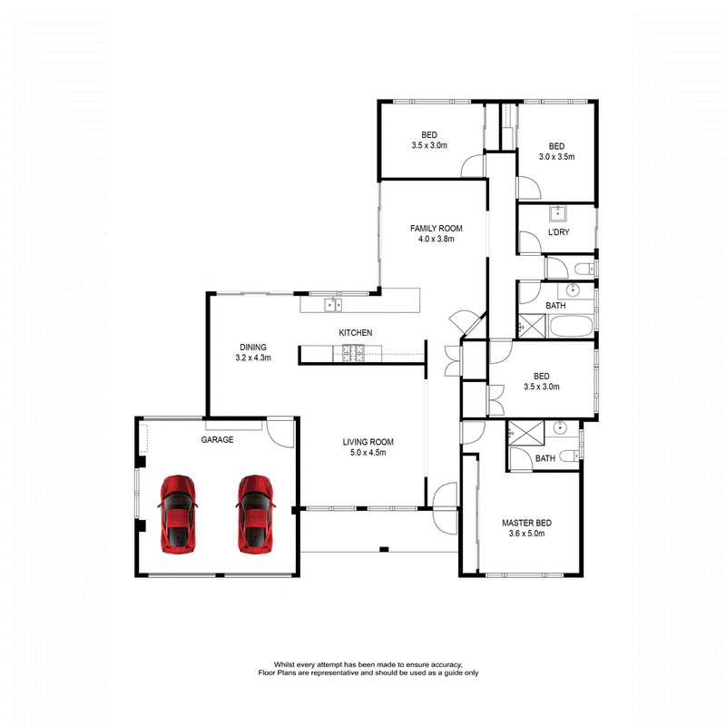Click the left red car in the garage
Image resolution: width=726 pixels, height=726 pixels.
coord(178,514)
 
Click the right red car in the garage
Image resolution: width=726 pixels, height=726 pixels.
coord(255,514)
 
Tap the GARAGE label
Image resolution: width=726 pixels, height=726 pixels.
coord(217,439)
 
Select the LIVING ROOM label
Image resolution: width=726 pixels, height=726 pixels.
coord(368,442)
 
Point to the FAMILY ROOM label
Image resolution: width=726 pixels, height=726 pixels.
coord(437,229)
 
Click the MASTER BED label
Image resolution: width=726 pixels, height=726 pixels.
coord(527,523)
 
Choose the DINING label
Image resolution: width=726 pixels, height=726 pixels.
coord(253,347)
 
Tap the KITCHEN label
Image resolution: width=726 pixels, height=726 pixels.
coord(356,332)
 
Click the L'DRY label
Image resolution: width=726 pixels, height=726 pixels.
coord(559,232)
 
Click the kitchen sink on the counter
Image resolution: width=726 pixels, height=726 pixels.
coord(333,305)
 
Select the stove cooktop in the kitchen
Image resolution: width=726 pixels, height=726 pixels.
coord(353,353)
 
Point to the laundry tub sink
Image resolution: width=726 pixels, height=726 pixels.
coord(558,213)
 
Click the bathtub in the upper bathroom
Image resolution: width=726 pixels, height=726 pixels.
coord(571,326)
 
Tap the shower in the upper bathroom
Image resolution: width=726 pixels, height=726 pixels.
coord(532,326)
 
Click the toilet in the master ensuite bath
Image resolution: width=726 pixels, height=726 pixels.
coord(570,456)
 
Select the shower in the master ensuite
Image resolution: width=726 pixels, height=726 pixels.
coord(526,433)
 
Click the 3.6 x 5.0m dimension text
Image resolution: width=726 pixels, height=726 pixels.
coord(527,534)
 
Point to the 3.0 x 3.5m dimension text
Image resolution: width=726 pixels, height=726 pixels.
coord(556,157)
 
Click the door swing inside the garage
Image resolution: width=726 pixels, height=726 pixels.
coord(280,434)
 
